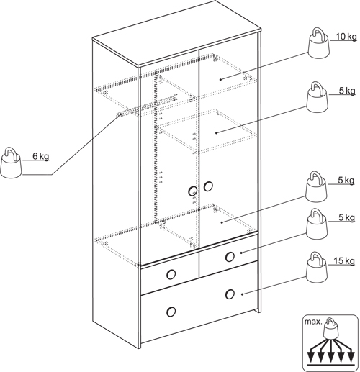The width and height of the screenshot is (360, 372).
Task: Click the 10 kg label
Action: [x=346, y=37]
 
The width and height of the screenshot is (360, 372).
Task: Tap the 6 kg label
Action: [x=41, y=156]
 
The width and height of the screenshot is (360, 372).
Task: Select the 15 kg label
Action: [x=344, y=260]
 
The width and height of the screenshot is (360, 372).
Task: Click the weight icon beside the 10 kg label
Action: [x=318, y=43]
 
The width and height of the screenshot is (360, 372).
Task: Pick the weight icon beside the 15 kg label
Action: [x=317, y=267]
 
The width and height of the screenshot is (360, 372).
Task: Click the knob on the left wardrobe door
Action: [x=193, y=191]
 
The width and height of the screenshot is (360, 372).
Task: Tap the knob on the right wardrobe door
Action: [x=208, y=186]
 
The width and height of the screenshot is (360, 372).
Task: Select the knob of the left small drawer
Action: [x=171, y=274]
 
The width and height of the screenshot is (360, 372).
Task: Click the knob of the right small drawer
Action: [x=230, y=257]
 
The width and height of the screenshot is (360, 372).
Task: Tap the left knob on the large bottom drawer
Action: [x=171, y=312]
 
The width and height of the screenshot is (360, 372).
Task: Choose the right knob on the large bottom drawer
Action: [x=230, y=294]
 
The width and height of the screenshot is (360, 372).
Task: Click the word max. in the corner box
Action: [x=313, y=322]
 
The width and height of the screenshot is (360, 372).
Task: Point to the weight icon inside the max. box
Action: [x=331, y=328]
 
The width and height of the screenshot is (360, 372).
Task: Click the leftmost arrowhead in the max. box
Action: [x=311, y=358]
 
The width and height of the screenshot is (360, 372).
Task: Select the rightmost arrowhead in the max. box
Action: [x=351, y=358]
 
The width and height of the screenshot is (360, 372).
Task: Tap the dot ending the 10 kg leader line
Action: [x=220, y=79]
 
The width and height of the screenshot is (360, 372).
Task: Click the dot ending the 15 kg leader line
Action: [x=242, y=294]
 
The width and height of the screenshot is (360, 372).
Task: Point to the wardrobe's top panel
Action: [x=176, y=34]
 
